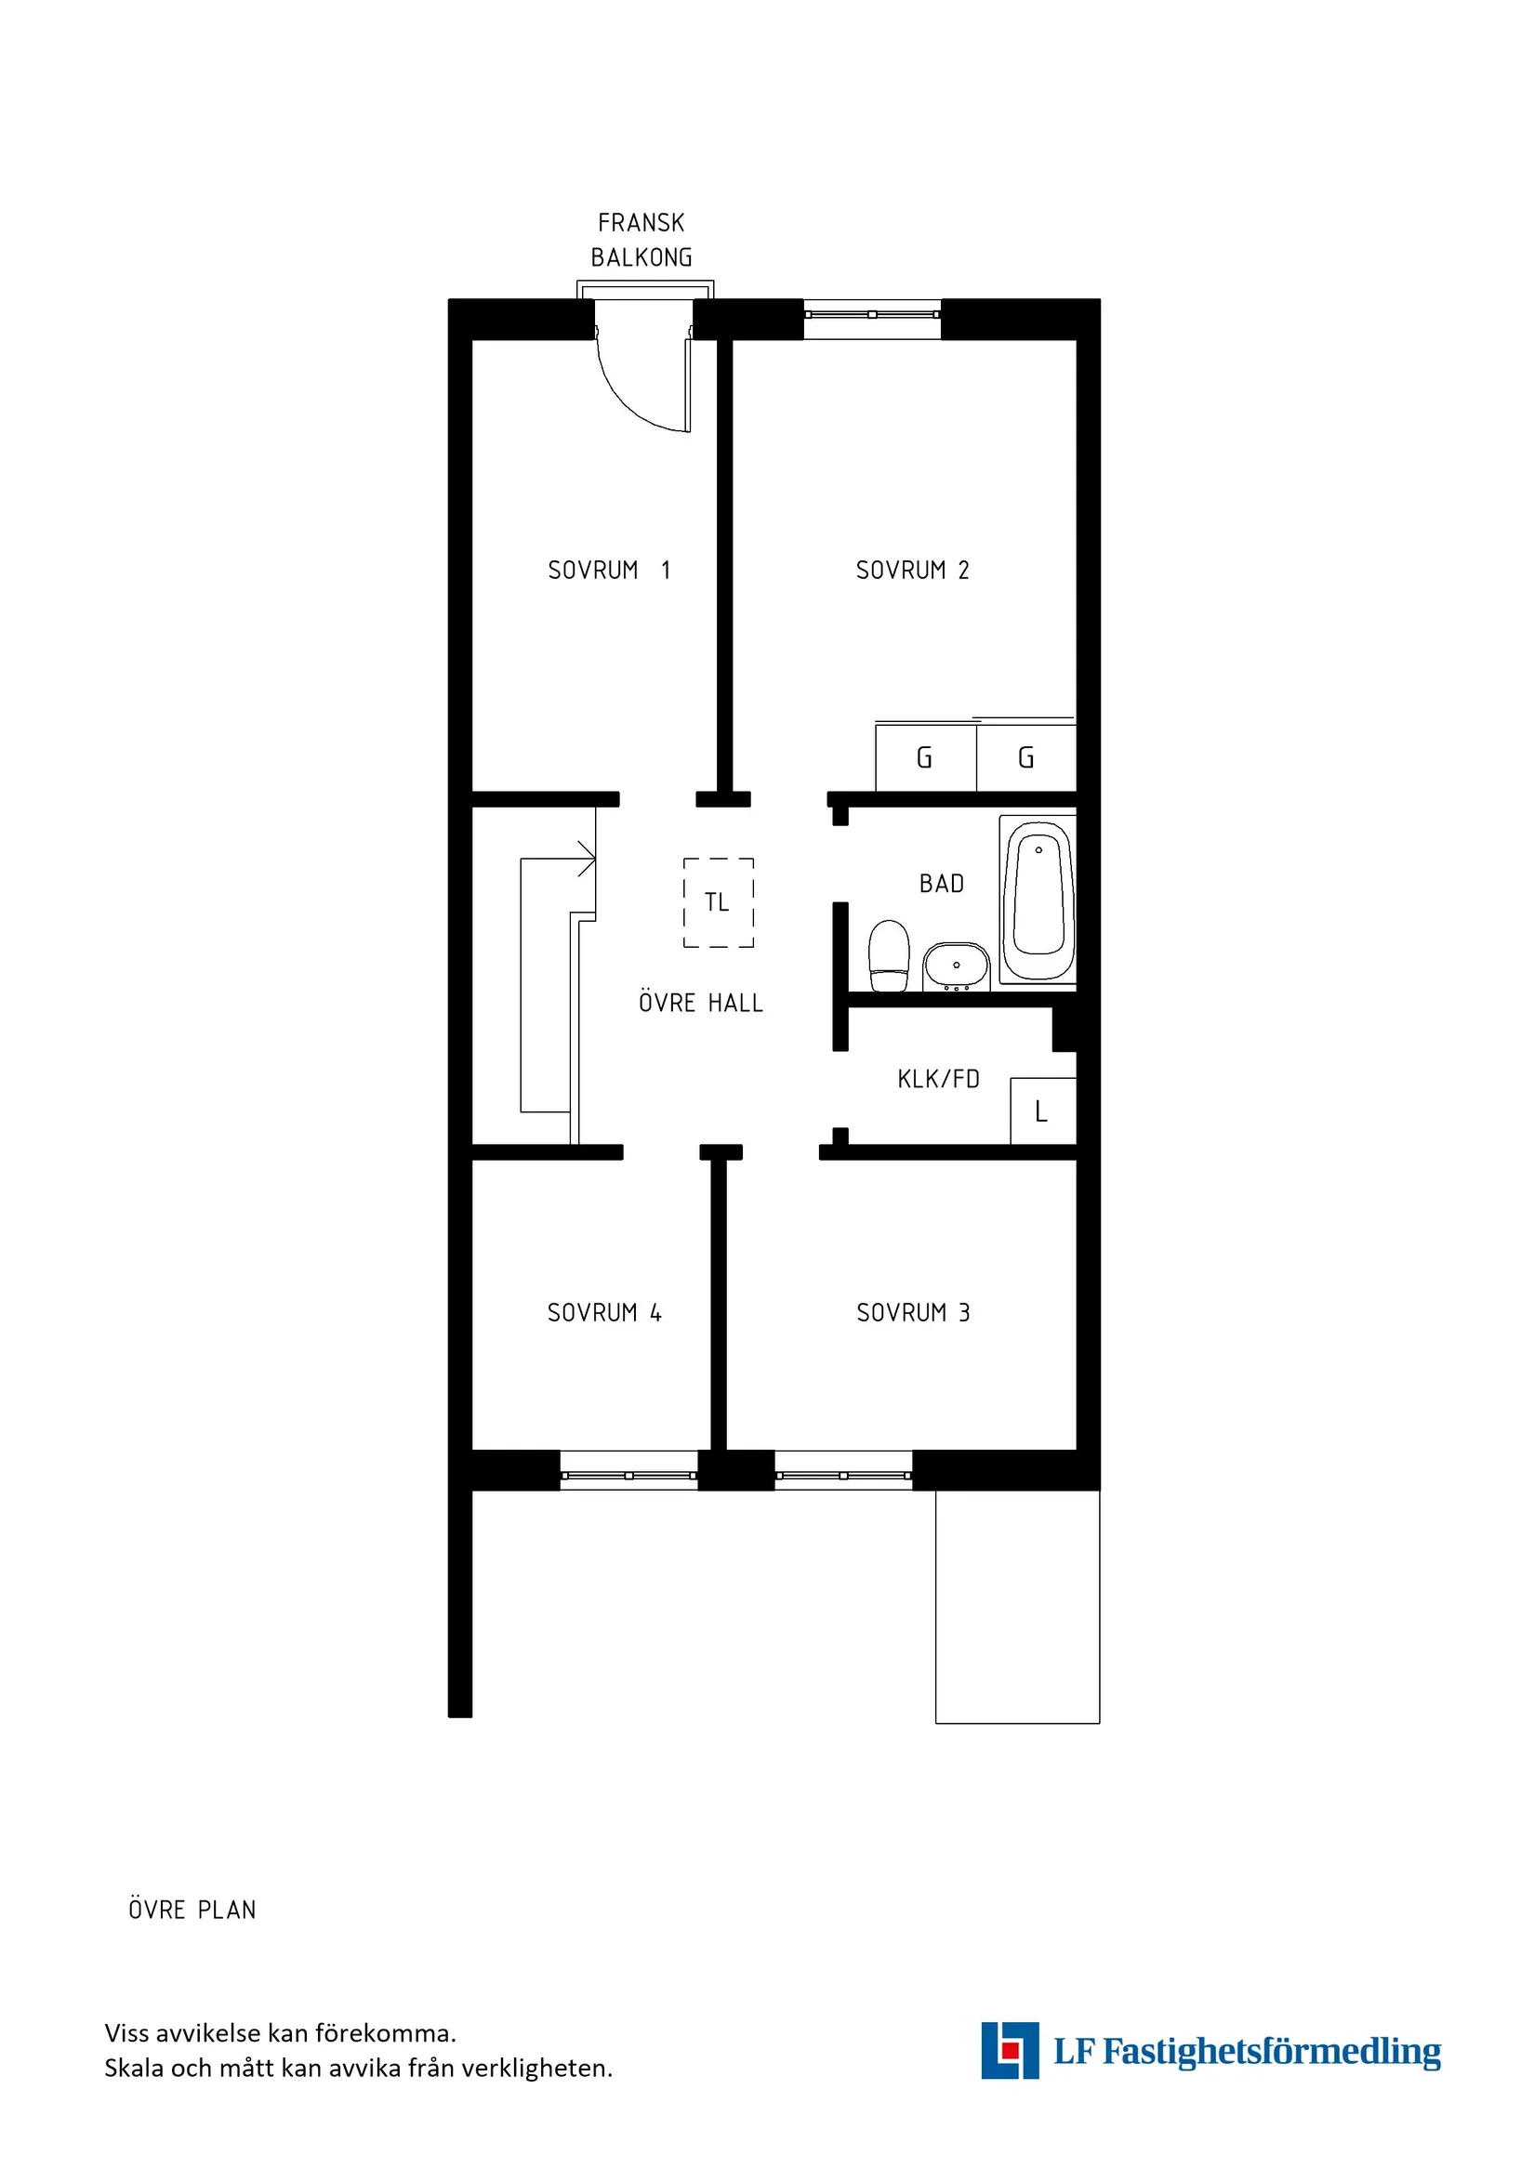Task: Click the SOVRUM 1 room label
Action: click(x=608, y=571)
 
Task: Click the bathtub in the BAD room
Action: click(x=1038, y=900)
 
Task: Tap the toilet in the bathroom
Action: click(x=888, y=955)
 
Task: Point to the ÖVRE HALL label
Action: click(x=700, y=1003)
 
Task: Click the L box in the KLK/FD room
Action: click(x=1042, y=1111)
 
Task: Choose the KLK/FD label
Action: click(x=938, y=1078)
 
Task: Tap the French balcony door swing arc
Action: click(x=635, y=397)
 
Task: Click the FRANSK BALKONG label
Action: click(x=641, y=240)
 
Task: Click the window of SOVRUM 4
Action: click(x=628, y=1476)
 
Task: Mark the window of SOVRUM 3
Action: click(x=842, y=1476)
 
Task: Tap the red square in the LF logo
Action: click(x=1011, y=2051)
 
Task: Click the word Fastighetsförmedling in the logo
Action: click(x=1272, y=2052)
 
